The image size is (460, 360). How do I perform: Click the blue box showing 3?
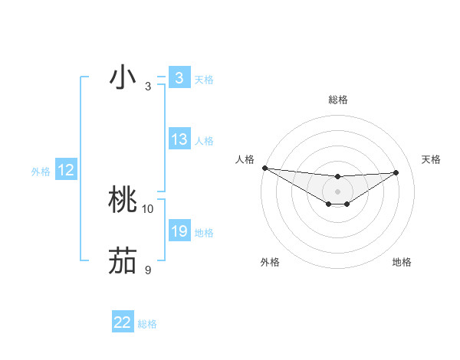(x=179, y=78)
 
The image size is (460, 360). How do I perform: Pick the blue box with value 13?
(x=179, y=139)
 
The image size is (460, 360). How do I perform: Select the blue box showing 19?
(x=179, y=231)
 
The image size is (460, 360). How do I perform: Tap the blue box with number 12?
(x=66, y=170)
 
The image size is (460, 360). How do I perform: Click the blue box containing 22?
(x=123, y=322)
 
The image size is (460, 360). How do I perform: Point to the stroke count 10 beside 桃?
(x=148, y=208)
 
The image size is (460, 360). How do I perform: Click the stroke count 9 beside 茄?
(x=148, y=270)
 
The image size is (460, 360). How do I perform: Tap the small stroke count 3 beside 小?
(x=148, y=86)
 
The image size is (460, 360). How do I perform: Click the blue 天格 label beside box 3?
(x=204, y=80)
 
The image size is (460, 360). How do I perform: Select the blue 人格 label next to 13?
(x=204, y=141)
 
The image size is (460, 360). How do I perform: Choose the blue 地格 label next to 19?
(x=204, y=233)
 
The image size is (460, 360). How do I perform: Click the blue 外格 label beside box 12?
(x=41, y=172)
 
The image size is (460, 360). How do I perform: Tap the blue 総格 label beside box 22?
(x=147, y=324)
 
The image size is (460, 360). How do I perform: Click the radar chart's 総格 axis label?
(x=337, y=100)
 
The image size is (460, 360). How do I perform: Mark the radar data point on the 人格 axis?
(x=264, y=168)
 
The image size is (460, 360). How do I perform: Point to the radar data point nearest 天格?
(x=396, y=172)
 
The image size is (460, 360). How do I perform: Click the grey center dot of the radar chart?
(x=337, y=191)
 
